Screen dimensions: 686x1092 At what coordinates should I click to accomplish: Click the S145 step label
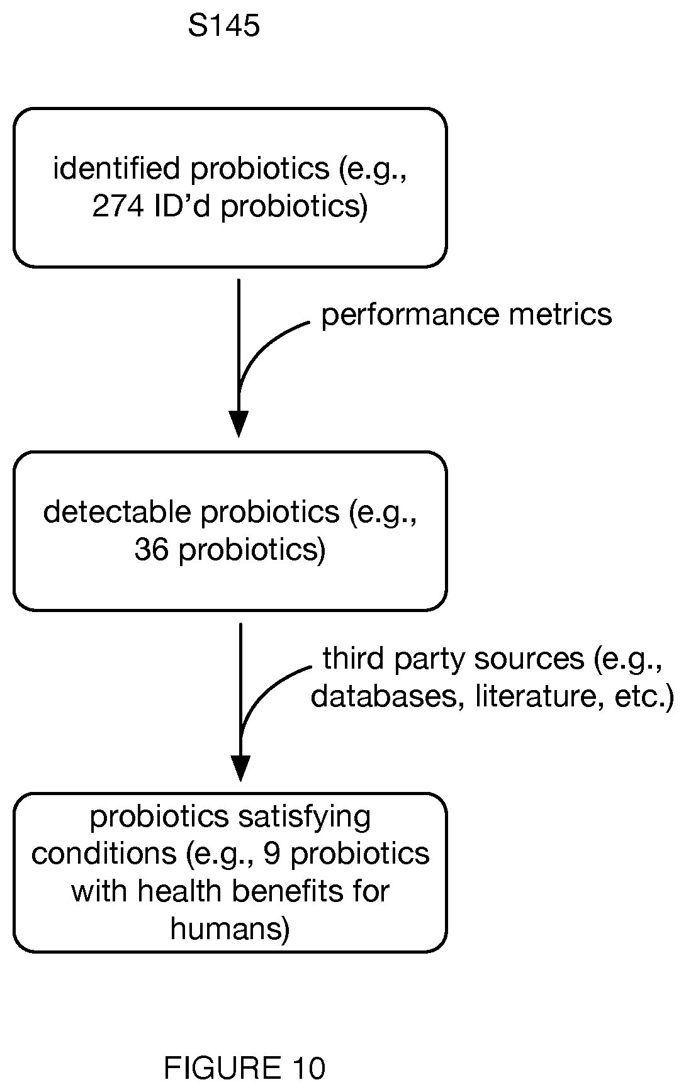(x=223, y=26)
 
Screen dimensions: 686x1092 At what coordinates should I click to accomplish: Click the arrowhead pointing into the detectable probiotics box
(x=239, y=424)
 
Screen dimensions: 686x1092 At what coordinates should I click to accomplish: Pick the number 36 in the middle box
(x=151, y=549)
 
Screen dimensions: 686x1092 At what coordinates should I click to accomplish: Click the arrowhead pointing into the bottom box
(x=240, y=768)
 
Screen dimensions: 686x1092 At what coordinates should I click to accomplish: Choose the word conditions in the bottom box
(x=104, y=854)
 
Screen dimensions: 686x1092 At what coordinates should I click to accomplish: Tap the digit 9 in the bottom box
(x=271, y=854)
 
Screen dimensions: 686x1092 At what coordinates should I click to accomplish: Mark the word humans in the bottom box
(x=230, y=928)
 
